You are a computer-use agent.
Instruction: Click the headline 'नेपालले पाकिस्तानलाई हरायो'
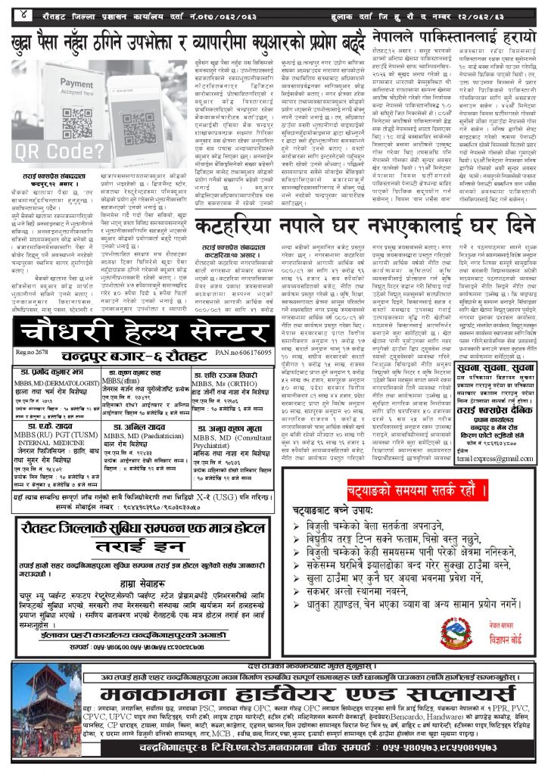453,35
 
